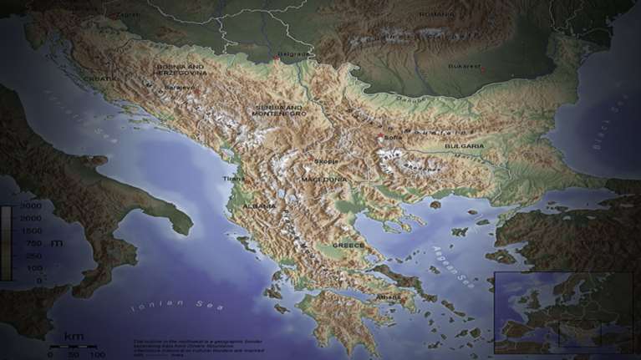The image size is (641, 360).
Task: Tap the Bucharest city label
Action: click(464, 66)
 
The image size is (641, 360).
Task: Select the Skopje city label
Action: click(326, 161)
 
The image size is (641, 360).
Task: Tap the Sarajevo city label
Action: click(179, 86)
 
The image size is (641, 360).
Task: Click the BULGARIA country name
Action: click(464, 146)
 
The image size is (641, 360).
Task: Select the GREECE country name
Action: click(348, 246)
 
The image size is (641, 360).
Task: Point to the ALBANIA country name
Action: click(259, 205)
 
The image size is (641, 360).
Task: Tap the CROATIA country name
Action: click(100, 79)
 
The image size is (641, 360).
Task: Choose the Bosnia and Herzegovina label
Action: click(180, 68)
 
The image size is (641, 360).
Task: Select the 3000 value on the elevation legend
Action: click(31, 205)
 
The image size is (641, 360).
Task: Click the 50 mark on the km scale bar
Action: click(73, 354)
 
